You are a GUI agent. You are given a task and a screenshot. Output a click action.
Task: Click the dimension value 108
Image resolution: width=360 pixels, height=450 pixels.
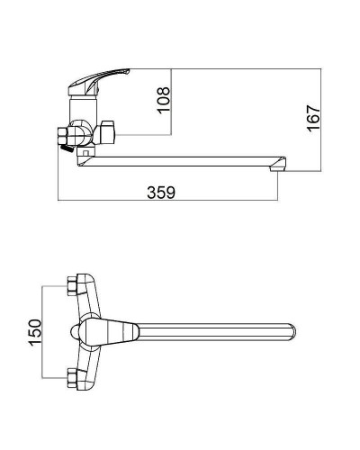click(164, 100)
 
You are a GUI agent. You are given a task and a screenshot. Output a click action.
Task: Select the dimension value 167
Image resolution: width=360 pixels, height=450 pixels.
click(314, 118)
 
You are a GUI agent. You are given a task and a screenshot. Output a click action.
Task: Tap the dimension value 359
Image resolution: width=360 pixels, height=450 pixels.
click(161, 193)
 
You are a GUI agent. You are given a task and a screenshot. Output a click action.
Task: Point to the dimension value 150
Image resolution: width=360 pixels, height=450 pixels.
click(35, 332)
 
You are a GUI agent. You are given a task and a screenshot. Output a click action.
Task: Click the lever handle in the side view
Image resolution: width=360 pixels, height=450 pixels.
click(99, 81)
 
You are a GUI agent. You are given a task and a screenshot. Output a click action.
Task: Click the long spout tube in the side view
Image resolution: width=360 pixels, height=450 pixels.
click(180, 161)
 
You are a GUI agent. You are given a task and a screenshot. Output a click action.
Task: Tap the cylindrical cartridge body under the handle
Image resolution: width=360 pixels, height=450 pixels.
click(83, 109)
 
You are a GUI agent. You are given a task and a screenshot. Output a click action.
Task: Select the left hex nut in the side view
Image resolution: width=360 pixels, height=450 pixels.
click(65, 136)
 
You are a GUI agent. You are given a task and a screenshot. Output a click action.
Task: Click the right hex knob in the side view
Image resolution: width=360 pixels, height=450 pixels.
click(107, 132)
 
